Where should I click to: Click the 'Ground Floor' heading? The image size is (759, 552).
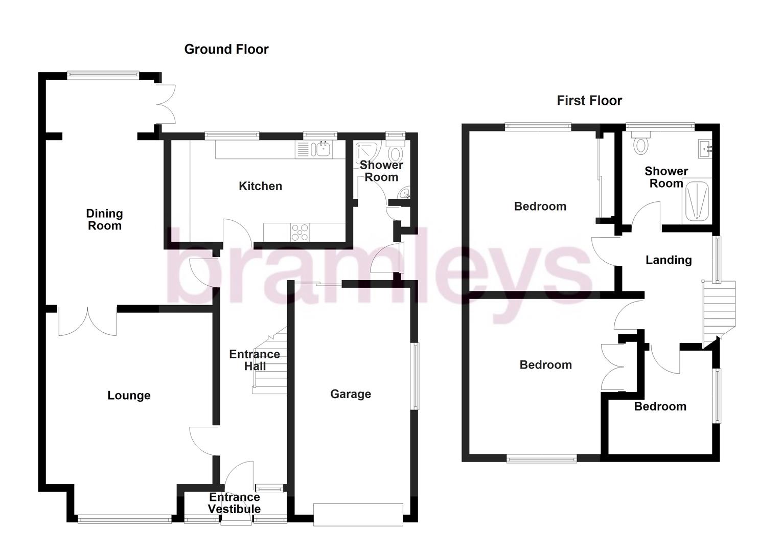point(226,49)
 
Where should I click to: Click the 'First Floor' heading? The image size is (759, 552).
point(589,100)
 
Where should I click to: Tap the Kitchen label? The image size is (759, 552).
point(260,186)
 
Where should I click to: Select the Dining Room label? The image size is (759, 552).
point(104,220)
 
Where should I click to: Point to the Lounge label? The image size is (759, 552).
point(129,395)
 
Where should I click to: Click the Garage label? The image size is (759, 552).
point(350,394)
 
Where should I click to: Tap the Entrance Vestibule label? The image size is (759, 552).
point(235,503)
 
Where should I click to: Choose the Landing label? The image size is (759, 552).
point(668,260)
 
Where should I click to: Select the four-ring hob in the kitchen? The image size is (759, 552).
point(300,232)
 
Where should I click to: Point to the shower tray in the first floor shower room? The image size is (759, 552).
point(696,201)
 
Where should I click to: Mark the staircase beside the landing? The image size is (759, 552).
point(718,312)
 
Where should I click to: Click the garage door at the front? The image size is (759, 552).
point(358,514)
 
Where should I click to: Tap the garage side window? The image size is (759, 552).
point(416,376)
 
